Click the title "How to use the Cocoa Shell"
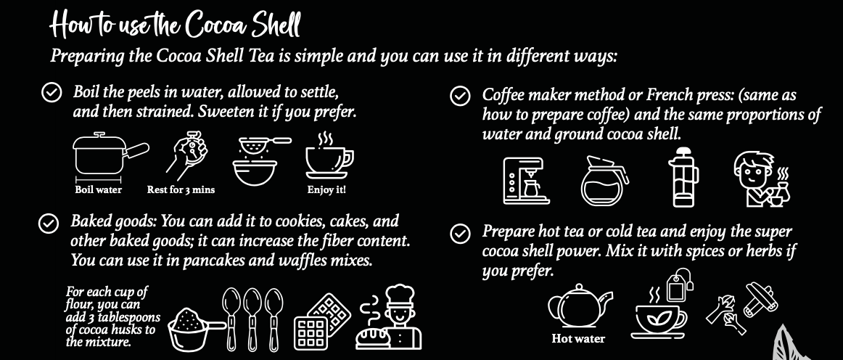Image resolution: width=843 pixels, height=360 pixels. click(175, 25)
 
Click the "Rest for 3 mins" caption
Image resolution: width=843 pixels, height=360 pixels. click(181, 190)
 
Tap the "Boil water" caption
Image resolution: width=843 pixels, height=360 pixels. click(99, 190)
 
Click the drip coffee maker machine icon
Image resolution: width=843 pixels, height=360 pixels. click(526, 181)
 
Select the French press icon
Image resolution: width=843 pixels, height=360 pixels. click(683, 177)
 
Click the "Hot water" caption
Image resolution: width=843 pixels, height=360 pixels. click(578, 339)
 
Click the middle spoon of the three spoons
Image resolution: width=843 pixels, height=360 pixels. click(252, 319)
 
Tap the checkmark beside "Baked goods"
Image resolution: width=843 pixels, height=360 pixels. click(49, 224)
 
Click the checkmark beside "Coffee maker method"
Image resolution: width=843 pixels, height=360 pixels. click(459, 97)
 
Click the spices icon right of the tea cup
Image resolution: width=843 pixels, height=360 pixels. click(742, 308)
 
